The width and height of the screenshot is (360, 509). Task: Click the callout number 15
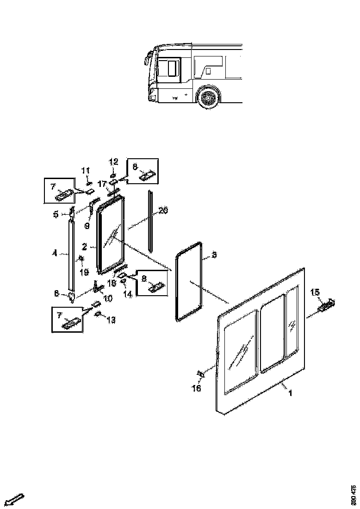point(315,292)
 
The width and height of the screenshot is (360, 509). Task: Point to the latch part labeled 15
point(327,304)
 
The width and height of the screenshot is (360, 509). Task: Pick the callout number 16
point(197,388)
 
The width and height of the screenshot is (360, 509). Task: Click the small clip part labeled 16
point(200,374)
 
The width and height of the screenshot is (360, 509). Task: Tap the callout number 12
point(114,161)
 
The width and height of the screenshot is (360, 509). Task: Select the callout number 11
point(86,171)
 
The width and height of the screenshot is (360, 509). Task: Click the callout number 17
point(102,184)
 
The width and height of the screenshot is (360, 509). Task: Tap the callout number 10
point(107,299)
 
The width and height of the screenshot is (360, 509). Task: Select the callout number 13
point(111,320)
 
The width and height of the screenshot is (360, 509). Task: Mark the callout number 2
point(85,247)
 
